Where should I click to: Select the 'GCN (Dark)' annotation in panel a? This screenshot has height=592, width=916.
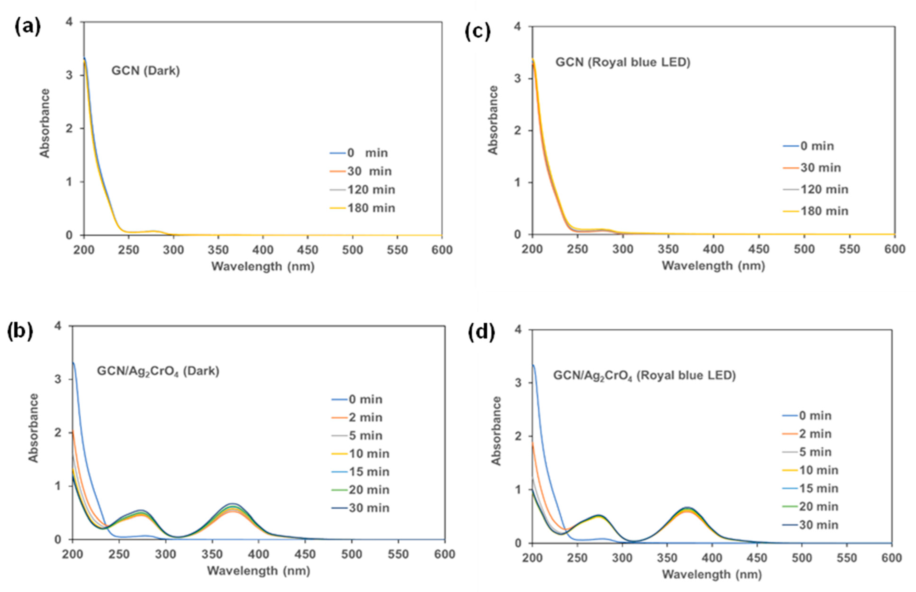146,71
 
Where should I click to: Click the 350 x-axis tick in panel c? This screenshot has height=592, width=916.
668,249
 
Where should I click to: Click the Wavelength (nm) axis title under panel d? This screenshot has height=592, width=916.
712,575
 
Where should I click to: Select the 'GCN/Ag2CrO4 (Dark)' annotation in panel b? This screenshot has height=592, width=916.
158,371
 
